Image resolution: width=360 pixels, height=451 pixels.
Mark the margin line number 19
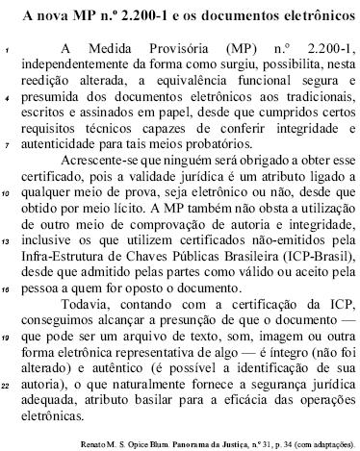[x=7, y=338]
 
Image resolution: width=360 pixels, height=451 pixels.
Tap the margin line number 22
[x=7, y=385]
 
